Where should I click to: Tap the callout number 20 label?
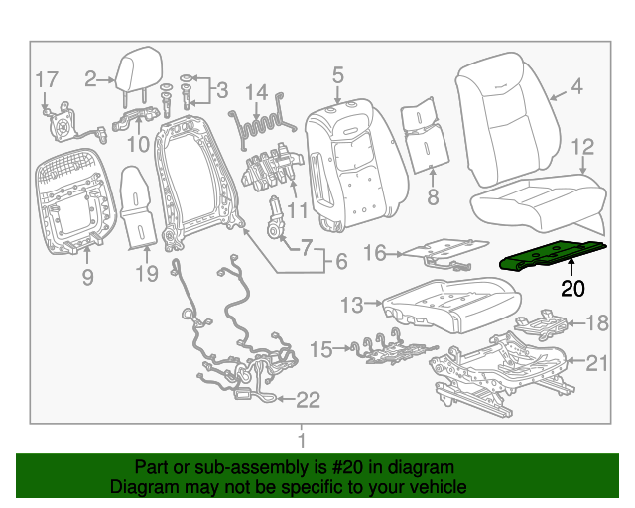coord(573,289)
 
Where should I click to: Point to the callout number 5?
coord(337,74)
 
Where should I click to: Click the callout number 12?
coord(582,147)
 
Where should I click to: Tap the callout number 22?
coord(309,400)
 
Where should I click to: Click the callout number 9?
coord(87,278)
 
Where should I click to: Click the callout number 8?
coord(432,197)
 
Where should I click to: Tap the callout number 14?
coord(257,93)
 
